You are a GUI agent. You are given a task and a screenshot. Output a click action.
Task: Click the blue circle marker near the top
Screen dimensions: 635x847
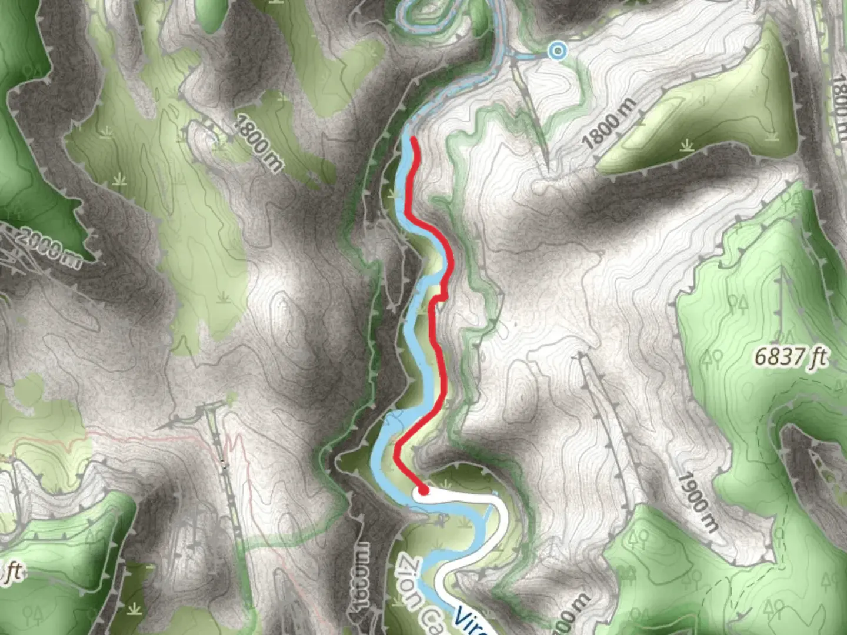pos(557,51)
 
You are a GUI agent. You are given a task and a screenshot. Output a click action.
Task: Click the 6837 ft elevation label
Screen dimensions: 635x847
pos(791,356)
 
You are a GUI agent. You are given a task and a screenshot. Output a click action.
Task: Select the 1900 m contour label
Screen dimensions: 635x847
pos(696,502)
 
